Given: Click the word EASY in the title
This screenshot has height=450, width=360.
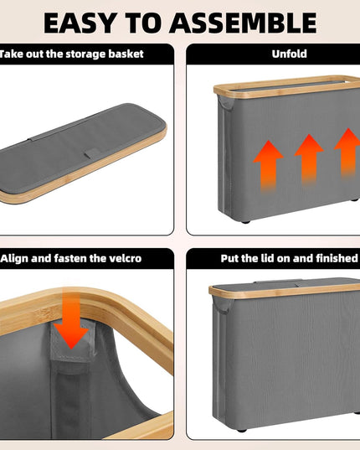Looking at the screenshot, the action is (x=79, y=23).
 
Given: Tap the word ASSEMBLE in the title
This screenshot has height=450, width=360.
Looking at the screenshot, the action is (x=243, y=23).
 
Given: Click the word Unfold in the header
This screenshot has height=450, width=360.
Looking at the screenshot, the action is (x=289, y=54).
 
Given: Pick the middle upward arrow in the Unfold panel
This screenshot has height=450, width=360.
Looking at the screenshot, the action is (x=309, y=158).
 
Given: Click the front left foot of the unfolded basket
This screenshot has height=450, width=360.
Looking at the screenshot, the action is (x=245, y=221).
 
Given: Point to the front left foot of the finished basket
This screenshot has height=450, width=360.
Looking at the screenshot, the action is (x=242, y=430).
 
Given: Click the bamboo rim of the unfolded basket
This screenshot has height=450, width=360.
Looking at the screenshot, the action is (x=286, y=87).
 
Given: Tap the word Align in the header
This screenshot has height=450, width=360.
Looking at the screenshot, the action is (x=14, y=258).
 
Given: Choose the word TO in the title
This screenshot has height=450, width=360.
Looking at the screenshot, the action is (x=141, y=23).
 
